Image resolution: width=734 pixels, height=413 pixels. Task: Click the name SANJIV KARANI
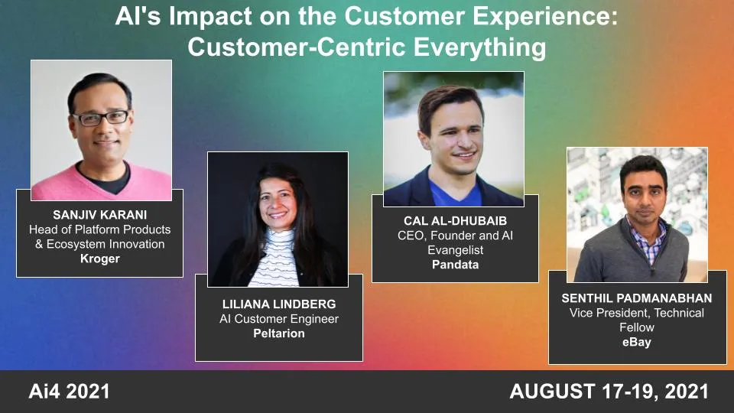click(99, 214)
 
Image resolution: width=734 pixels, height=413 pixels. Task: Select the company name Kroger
click(99, 259)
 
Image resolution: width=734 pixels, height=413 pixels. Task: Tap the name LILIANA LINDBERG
click(279, 304)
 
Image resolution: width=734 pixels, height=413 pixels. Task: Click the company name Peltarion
click(279, 333)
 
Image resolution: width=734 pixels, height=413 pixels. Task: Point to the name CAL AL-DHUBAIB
click(455, 220)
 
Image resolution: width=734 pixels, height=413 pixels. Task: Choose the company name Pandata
click(455, 265)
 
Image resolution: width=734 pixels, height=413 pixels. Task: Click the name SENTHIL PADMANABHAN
click(638, 298)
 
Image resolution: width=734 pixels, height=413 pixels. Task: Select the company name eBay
click(637, 342)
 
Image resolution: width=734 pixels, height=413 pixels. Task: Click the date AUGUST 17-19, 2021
click(609, 392)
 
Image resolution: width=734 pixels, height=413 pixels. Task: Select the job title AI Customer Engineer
click(279, 319)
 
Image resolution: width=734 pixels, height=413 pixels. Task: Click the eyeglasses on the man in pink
click(101, 117)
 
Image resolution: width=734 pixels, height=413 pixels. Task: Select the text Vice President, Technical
click(638, 313)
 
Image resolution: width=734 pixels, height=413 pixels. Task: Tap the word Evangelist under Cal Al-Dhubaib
click(455, 250)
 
